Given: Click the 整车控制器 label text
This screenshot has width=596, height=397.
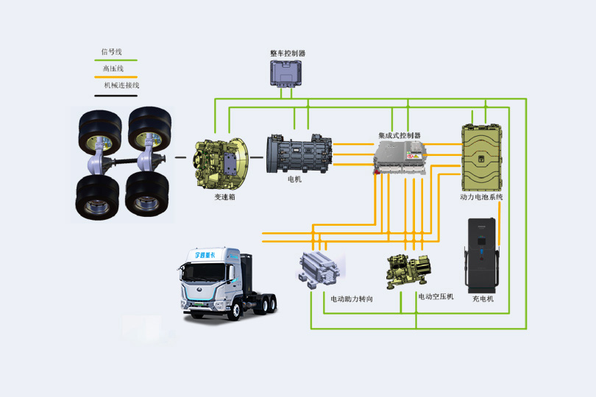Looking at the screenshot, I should pyautogui.click(x=288, y=54).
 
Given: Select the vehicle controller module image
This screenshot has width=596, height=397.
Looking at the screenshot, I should pyautogui.click(x=288, y=74).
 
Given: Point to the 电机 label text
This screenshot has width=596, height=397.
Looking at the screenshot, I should pyautogui.click(x=294, y=179).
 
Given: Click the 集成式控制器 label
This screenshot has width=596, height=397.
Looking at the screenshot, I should pyautogui.click(x=400, y=135).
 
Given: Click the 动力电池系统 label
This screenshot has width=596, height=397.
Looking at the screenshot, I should pyautogui.click(x=481, y=197).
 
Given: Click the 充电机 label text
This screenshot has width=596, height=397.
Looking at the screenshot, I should pyautogui.click(x=483, y=298).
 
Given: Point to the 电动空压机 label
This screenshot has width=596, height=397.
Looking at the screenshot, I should pyautogui.click(x=436, y=296).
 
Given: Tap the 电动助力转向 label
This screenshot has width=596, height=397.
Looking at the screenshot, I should pyautogui.click(x=351, y=299).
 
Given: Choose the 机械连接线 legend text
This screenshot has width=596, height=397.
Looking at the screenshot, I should pyautogui.click(x=121, y=85).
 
